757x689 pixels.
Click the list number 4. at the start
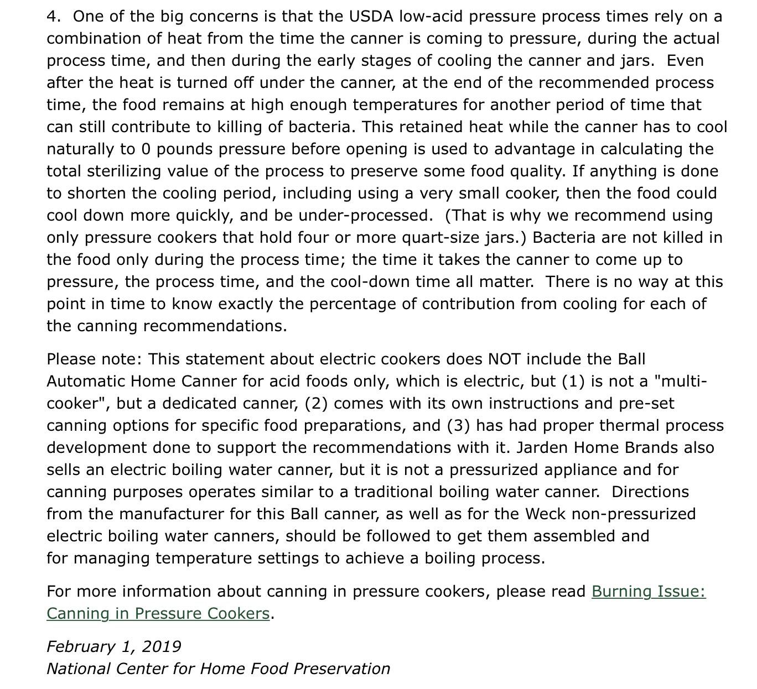tap(53, 17)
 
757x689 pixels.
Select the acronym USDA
tap(371, 17)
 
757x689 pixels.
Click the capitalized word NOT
tap(504, 359)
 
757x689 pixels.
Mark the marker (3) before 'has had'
tap(459, 426)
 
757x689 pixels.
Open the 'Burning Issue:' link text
tap(649, 592)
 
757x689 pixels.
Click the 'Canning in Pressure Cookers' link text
tap(158, 614)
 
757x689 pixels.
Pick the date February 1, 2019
tap(114, 647)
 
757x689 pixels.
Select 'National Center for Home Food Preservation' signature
tap(218, 669)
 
